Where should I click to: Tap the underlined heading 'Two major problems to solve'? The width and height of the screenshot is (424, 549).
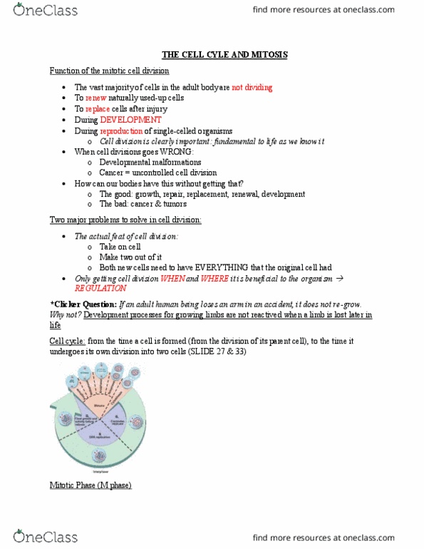pyautogui.click(x=125, y=220)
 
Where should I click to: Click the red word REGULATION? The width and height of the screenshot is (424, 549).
pyautogui.click(x=100, y=289)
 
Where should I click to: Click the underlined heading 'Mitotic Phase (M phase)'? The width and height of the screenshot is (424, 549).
pyautogui.click(x=91, y=486)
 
